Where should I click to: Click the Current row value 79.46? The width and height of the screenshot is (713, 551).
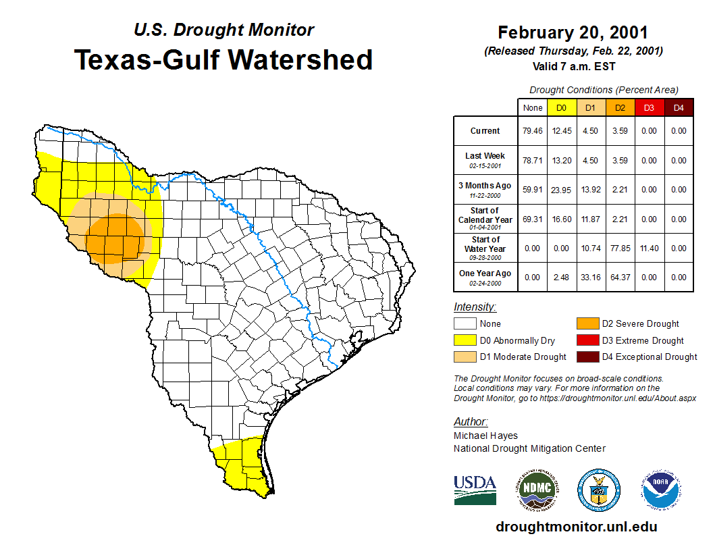(532, 131)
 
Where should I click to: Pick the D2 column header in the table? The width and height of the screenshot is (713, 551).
(620, 108)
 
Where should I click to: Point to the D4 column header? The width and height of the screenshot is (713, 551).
(679, 108)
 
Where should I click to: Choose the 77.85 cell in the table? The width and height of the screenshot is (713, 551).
(620, 248)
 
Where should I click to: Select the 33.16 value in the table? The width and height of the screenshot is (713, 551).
(591, 278)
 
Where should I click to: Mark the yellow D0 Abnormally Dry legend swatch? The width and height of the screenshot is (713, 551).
(465, 340)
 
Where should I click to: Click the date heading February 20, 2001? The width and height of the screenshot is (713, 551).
(573, 32)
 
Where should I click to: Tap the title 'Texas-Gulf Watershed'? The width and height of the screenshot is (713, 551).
(223, 59)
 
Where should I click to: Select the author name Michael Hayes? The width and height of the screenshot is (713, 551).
(485, 436)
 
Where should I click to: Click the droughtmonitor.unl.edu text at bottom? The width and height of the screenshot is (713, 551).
(576, 527)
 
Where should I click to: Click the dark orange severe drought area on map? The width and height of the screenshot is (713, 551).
(116, 238)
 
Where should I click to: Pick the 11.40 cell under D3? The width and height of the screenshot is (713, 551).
(649, 248)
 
